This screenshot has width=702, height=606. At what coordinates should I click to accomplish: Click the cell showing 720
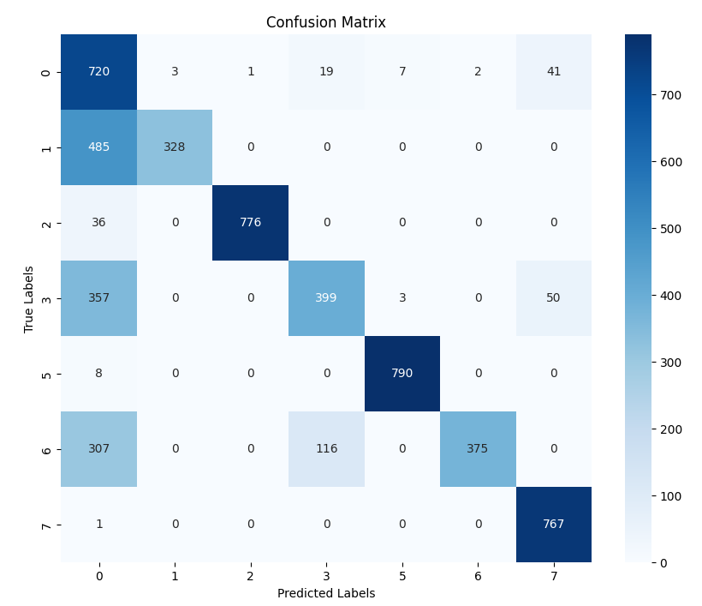pyautogui.click(x=98, y=72)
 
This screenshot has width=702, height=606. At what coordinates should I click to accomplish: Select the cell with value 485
pyautogui.click(x=98, y=147)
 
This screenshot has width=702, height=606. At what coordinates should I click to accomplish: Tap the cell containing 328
pyautogui.click(x=175, y=147)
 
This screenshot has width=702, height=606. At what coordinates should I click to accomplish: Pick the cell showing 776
pyautogui.click(x=250, y=223)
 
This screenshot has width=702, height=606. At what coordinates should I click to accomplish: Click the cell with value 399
pyautogui.click(x=326, y=298)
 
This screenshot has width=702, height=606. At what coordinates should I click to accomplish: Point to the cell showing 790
pyautogui.click(x=402, y=374)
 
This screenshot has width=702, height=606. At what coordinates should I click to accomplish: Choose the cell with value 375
pyautogui.click(x=478, y=449)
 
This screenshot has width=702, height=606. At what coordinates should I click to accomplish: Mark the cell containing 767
pyautogui.click(x=553, y=525)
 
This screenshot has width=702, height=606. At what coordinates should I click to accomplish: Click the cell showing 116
pyautogui.click(x=326, y=449)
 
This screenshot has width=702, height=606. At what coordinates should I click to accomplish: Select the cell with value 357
pyautogui.click(x=98, y=298)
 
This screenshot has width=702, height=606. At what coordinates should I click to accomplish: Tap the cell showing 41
pyautogui.click(x=553, y=72)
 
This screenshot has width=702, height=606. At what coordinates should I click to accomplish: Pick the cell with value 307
pyautogui.click(x=98, y=449)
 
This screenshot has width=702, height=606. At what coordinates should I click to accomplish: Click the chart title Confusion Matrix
pyautogui.click(x=326, y=22)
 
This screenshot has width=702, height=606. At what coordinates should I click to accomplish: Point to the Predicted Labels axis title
pyautogui.click(x=326, y=593)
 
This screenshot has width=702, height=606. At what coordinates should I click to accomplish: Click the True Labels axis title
pyautogui.click(x=29, y=298)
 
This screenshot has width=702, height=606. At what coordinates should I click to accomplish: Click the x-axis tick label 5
pyautogui.click(x=402, y=577)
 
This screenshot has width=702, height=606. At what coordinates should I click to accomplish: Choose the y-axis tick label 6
pyautogui.click(x=46, y=449)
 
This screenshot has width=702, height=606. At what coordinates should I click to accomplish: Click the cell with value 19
pyautogui.click(x=326, y=72)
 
